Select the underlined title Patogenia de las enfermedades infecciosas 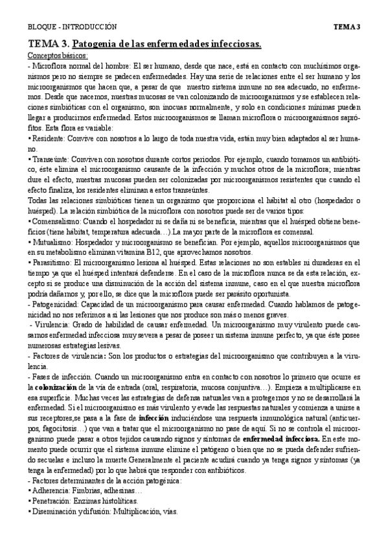pyautogui.click(x=166, y=44)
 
